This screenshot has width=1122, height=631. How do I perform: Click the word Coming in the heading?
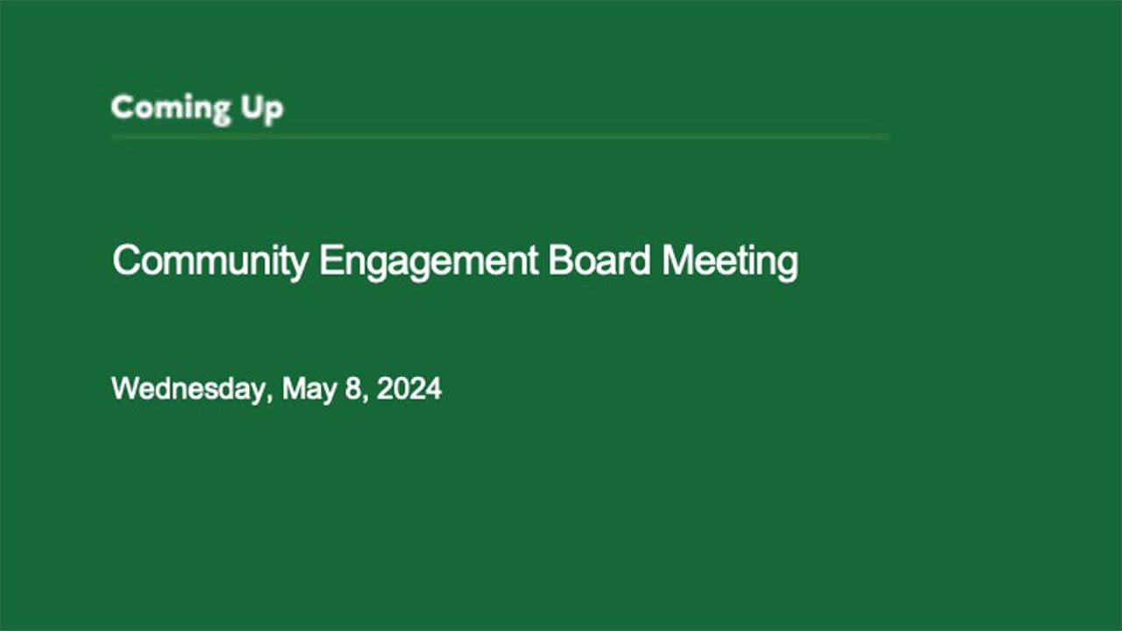171,108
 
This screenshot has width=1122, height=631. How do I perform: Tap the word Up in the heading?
262,110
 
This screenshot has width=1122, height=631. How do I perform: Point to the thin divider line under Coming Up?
500,136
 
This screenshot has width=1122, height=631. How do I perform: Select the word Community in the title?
210,262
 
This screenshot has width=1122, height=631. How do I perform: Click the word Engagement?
429,262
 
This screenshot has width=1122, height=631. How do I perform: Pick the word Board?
599,260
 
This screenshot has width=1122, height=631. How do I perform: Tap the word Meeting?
730,262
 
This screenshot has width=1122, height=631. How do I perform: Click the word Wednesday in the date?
188,388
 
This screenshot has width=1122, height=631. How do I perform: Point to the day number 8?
353,388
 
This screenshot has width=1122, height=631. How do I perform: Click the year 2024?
409,388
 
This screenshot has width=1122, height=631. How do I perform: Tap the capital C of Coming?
124,107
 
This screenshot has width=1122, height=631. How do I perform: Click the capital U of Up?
252,107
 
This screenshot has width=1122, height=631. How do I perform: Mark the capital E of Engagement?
331,260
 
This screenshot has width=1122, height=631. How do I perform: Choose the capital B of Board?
560,260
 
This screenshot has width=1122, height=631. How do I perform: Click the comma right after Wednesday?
270,399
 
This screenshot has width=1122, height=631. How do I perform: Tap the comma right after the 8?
366,399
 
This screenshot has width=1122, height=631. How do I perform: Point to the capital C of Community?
127,260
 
